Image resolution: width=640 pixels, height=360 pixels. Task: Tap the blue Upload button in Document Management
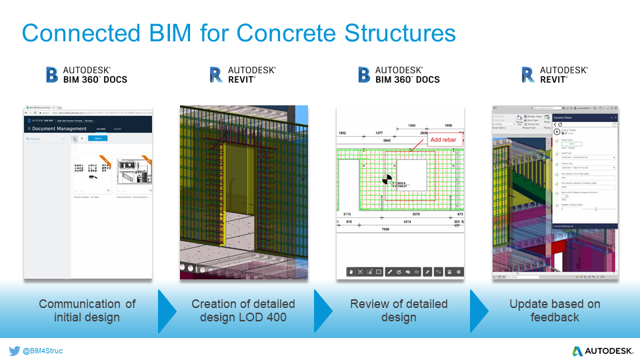tap(97, 139)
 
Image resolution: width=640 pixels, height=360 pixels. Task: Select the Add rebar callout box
tap(445, 139)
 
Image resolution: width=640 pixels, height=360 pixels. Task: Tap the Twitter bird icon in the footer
tap(14, 350)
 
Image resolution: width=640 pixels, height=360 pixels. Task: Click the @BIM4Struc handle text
tap(43, 350)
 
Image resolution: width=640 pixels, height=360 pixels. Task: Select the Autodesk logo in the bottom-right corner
tap(599, 351)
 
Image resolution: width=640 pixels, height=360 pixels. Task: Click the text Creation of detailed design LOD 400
tap(243, 311)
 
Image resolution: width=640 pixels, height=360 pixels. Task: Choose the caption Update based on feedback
tap(555, 311)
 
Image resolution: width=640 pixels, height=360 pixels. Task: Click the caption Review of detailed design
tap(399, 311)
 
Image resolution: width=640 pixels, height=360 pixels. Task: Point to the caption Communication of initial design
tap(87, 311)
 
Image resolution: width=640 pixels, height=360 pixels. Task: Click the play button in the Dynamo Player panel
tap(557, 132)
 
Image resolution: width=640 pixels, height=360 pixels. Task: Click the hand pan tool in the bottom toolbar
tap(351, 272)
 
